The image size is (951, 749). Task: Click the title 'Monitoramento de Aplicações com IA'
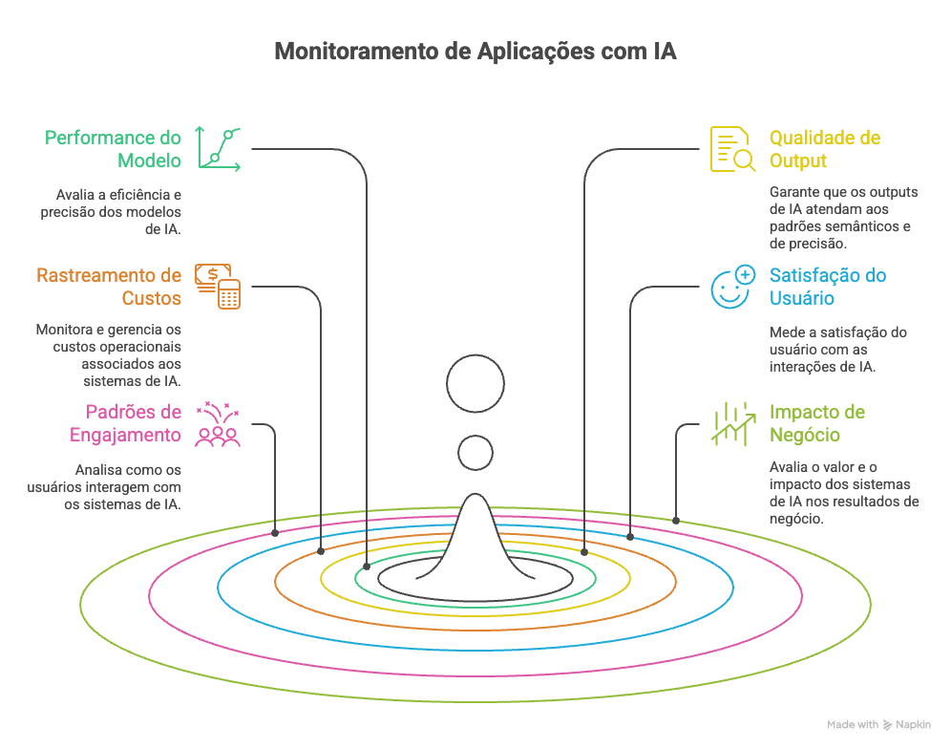pyautogui.click(x=475, y=51)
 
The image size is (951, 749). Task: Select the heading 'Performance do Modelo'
pyautogui.click(x=113, y=148)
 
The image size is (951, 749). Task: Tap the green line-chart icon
pyautogui.click(x=219, y=148)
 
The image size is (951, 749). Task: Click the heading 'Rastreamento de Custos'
pyautogui.click(x=109, y=286)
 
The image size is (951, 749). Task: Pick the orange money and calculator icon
pyautogui.click(x=218, y=286)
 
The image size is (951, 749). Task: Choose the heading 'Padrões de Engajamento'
pyautogui.click(x=125, y=423)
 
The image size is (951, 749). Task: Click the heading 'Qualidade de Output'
pyautogui.click(x=825, y=148)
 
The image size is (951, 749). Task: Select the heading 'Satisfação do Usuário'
pyautogui.click(x=828, y=286)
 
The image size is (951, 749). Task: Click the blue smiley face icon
pyautogui.click(x=732, y=287)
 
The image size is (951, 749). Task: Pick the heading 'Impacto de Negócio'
pyautogui.click(x=817, y=423)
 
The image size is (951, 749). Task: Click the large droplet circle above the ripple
pyautogui.click(x=475, y=384)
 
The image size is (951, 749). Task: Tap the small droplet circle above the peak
pyautogui.click(x=475, y=452)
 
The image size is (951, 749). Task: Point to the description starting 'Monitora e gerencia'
pyautogui.click(x=109, y=354)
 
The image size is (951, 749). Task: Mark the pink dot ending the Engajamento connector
pyautogui.click(x=275, y=531)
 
